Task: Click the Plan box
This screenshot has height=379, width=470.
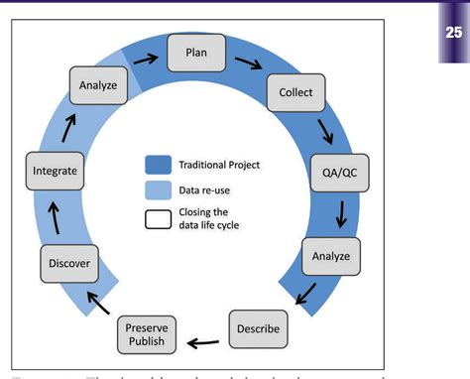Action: click(197, 54)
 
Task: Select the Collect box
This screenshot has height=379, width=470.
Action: click(295, 93)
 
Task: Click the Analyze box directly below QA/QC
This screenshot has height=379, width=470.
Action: click(330, 256)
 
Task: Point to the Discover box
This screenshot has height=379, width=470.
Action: click(68, 264)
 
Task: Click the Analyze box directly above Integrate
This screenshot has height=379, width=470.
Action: click(98, 86)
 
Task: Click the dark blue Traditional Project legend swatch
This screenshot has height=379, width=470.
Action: click(160, 165)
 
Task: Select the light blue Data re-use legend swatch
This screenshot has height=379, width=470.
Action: click(160, 189)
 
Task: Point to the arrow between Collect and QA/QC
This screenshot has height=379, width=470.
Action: click(324, 130)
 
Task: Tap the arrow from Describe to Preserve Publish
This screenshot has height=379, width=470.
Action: click(205, 343)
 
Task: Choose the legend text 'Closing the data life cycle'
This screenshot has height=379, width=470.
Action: click(211, 219)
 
